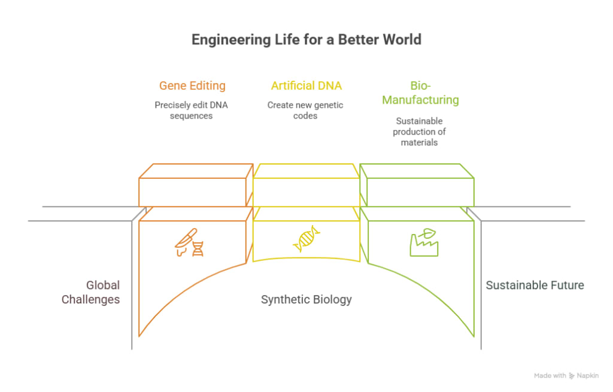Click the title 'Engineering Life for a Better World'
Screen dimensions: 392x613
click(306, 39)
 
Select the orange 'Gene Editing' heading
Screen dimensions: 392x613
click(192, 86)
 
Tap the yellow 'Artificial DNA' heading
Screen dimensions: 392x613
click(306, 86)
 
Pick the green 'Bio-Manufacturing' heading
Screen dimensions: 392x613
click(420, 93)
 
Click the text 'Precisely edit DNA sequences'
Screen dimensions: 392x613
click(191, 110)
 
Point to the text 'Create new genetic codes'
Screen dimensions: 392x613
click(305, 110)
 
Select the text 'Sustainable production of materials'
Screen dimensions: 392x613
click(419, 132)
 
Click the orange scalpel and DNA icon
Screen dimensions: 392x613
click(190, 242)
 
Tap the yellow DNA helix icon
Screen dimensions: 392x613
click(306, 239)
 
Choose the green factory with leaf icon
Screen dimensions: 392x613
click(423, 242)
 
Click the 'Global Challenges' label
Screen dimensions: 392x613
click(90, 292)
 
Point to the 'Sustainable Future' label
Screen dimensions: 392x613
click(535, 285)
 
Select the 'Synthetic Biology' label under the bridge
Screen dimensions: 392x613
click(306, 299)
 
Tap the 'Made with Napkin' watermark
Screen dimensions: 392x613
click(566, 375)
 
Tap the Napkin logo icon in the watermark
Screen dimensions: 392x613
click(572, 375)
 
